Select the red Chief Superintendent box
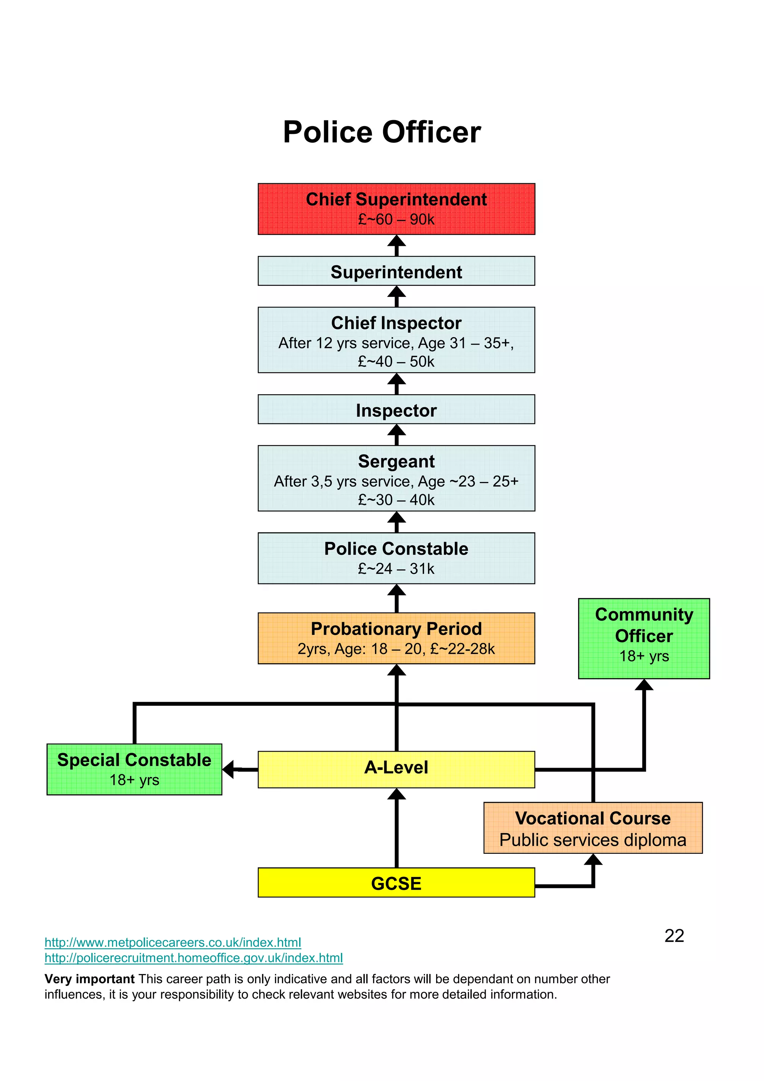(x=396, y=209)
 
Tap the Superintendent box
(x=396, y=271)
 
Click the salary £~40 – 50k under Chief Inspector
(x=396, y=361)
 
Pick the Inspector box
(x=396, y=410)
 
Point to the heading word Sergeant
(x=396, y=461)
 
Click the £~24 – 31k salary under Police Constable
(x=396, y=569)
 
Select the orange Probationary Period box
(x=396, y=638)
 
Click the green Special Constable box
(x=134, y=769)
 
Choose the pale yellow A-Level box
(x=396, y=769)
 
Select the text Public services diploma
(x=593, y=840)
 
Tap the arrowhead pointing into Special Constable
(x=228, y=769)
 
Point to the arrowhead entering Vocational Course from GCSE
(x=593, y=860)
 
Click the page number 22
(x=674, y=936)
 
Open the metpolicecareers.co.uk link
(x=173, y=942)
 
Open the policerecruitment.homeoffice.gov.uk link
(x=194, y=958)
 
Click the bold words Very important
(x=90, y=979)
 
